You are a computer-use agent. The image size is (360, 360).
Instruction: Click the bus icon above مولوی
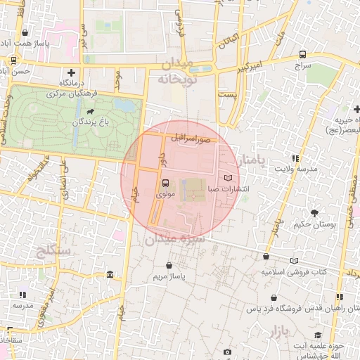(x=165, y=182)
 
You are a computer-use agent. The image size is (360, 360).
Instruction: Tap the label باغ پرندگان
(x=90, y=123)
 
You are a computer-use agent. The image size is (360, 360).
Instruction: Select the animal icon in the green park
(x=90, y=111)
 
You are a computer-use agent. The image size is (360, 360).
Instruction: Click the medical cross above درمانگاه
(x=70, y=72)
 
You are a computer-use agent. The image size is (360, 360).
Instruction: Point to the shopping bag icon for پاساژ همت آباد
(x=25, y=32)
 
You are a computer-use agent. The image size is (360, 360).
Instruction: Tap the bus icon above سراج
(x=302, y=54)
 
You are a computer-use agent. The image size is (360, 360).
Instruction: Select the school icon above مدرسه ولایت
(x=295, y=158)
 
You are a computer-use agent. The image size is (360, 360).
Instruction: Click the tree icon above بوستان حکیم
(x=314, y=212)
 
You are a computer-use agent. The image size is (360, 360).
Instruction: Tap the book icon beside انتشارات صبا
(x=228, y=178)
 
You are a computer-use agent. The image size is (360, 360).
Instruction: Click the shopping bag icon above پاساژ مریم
(x=169, y=265)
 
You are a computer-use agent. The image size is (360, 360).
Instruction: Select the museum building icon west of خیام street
(x=110, y=274)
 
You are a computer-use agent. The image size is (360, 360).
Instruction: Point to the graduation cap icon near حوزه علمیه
(x=319, y=335)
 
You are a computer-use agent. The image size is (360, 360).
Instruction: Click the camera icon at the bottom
(x=227, y=352)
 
